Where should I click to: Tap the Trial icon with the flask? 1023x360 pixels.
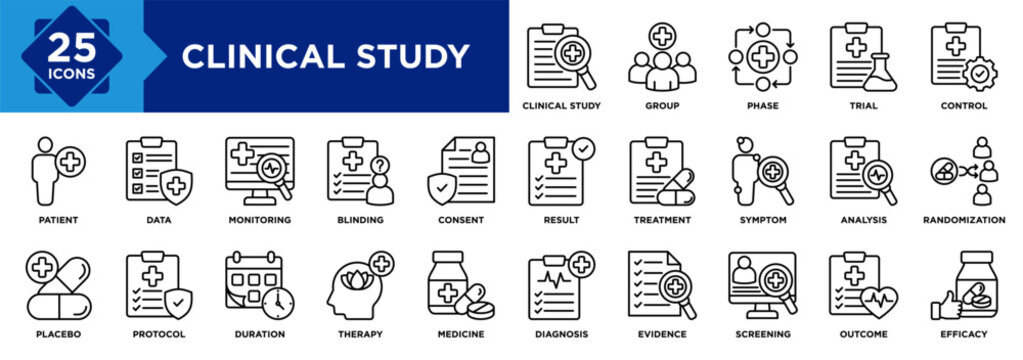click(862, 57)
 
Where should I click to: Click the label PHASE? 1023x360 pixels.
click(762, 105)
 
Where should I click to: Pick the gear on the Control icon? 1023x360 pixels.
click(978, 73)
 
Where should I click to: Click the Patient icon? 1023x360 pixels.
click(55, 172)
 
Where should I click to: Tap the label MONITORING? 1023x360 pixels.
click(258, 219)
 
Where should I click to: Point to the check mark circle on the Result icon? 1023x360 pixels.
click(583, 148)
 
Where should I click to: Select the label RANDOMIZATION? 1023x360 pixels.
click(964, 219)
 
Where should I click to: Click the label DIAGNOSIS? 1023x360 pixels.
click(560, 333)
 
